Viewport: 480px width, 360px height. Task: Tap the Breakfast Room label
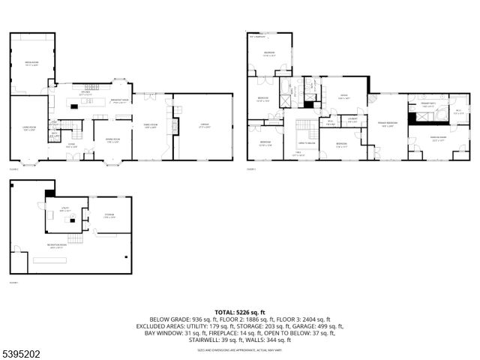tap(121, 100)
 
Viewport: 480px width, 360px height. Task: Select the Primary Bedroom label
tap(388, 124)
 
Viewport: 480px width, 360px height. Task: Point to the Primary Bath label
tap(427, 105)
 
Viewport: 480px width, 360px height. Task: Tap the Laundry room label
tap(352, 119)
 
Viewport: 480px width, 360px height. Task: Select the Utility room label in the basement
tap(65, 211)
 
